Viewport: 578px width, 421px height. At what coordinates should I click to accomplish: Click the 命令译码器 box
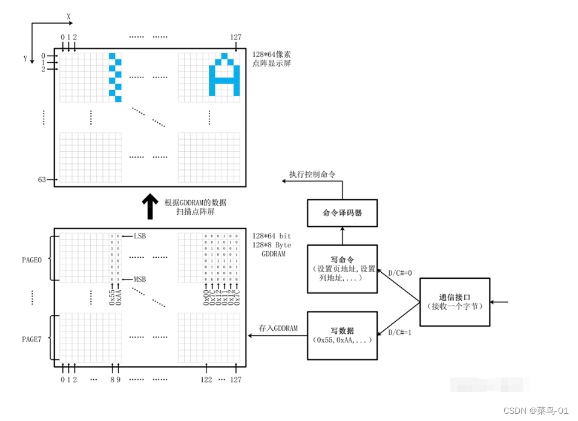(x=343, y=213)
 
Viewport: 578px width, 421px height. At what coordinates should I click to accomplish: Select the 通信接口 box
(x=455, y=302)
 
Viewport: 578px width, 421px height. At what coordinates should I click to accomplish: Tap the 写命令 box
(x=343, y=269)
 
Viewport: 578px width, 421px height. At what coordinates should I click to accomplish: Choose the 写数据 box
(x=343, y=335)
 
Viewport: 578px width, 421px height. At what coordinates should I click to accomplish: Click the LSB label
(x=140, y=235)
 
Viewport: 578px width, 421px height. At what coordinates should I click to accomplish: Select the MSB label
(x=140, y=279)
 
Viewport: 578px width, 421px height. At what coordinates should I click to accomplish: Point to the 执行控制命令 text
(x=312, y=174)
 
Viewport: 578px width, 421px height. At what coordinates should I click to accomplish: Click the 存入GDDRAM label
(x=278, y=328)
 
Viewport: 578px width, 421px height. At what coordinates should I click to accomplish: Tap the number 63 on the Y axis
(x=42, y=180)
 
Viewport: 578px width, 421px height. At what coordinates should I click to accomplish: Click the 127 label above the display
(x=235, y=37)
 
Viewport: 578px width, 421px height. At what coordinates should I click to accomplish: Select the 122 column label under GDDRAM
(x=206, y=379)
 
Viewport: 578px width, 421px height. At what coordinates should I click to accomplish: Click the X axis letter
(x=68, y=17)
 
